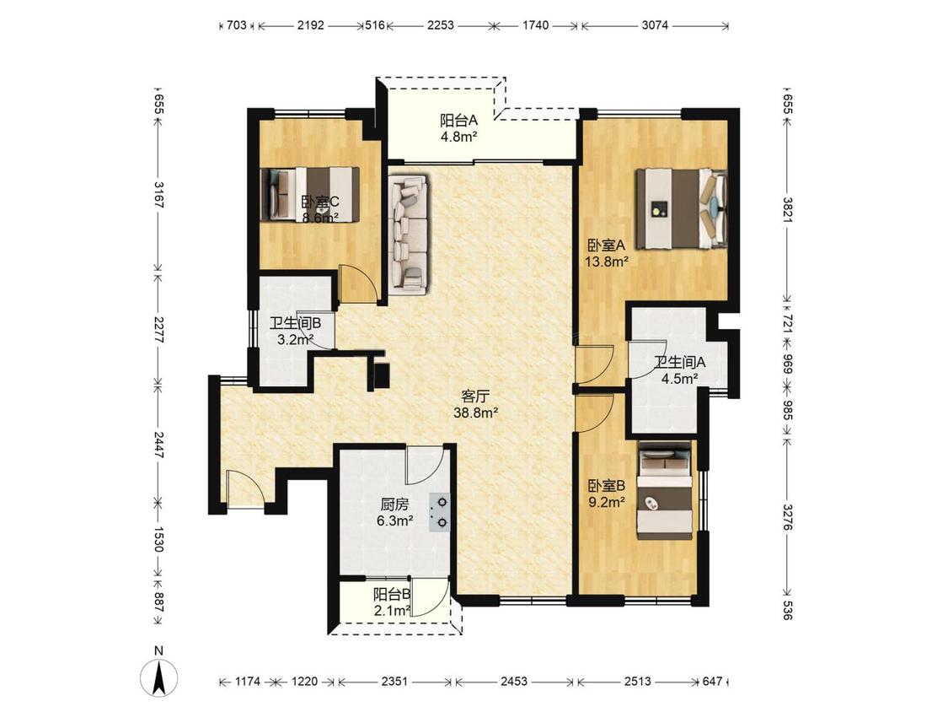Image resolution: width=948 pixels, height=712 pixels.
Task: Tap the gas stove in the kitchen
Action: pos(440,512)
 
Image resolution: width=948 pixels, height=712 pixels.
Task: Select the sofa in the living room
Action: pos(408,235)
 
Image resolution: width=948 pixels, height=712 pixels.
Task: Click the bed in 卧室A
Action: pos(681,209)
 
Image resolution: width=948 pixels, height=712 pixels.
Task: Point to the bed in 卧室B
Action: pos(665,491)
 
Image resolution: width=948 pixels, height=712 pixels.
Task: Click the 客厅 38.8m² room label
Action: pos(476,404)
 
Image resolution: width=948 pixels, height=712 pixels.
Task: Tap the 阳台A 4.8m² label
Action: pos(459,127)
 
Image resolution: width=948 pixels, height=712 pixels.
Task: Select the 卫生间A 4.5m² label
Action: pos(680,370)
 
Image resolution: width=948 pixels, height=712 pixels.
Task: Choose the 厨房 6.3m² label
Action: pos(395,511)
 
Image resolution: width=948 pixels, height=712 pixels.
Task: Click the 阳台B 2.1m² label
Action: pos(393,601)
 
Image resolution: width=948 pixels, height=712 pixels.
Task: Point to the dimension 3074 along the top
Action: pos(655,25)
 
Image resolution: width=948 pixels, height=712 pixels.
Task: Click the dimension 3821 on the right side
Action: pos(787,209)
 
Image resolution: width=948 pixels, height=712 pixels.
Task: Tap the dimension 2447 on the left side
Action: pos(158,444)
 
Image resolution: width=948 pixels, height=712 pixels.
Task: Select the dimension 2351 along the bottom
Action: pos(394,681)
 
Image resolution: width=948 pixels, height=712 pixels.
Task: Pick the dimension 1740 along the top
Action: pos(535,25)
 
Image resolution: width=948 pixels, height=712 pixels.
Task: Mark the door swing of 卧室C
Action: pos(358,284)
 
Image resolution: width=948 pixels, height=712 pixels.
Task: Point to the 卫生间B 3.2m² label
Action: pos(295,331)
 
